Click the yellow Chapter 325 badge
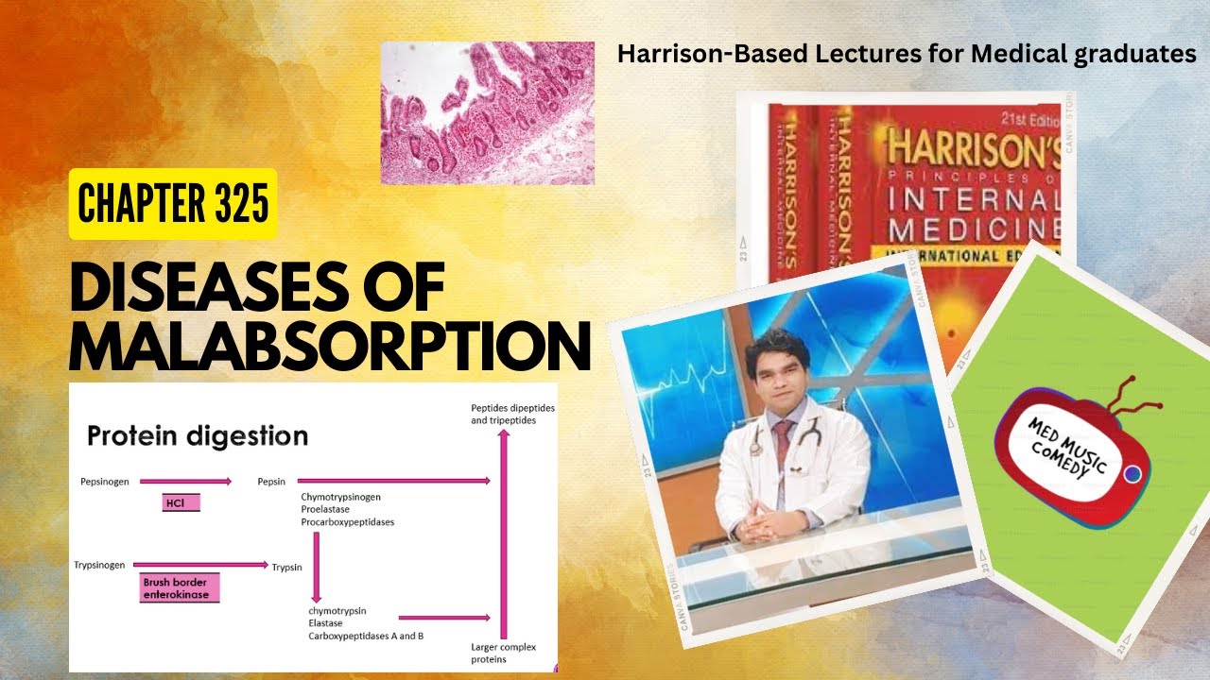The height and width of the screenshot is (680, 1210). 173,203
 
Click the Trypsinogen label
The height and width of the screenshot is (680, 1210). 99,565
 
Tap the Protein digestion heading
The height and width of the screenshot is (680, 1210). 198,436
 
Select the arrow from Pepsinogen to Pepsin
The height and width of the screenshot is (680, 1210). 185,482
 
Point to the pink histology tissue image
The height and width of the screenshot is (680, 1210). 487,113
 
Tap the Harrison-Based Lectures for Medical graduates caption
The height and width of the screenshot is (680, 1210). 906,55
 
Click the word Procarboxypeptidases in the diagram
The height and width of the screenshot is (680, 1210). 347,522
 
